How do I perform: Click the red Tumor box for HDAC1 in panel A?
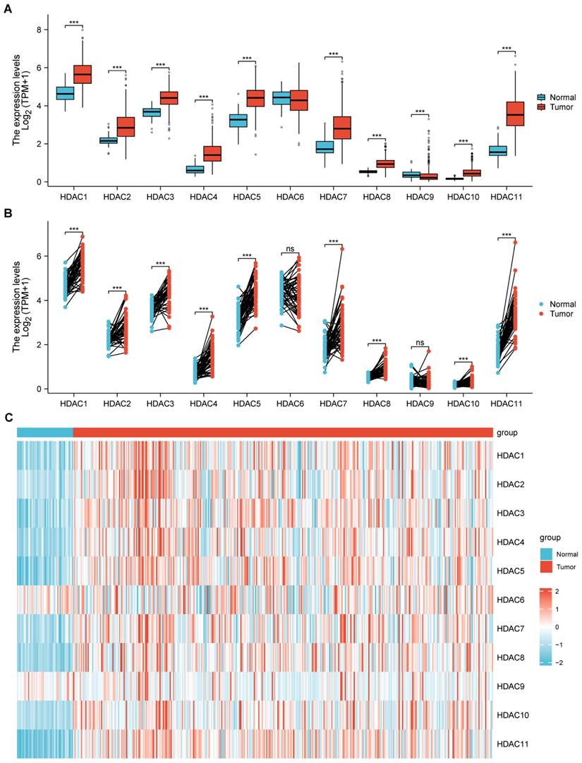click(83, 74)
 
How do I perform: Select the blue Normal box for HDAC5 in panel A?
click(238, 121)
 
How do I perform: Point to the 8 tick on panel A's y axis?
click(40, 30)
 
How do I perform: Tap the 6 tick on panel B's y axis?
click(40, 256)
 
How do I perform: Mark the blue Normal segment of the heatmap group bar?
click(44, 432)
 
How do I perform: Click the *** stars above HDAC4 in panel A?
click(203, 97)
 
